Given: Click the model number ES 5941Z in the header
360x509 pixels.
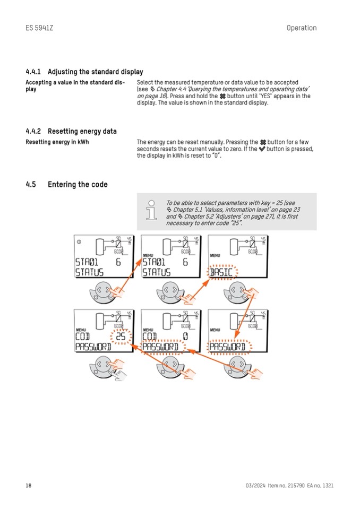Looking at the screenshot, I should (x=39, y=28).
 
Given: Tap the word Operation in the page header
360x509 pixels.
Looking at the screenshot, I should (x=301, y=28).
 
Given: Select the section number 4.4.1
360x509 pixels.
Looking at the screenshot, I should (x=35, y=72).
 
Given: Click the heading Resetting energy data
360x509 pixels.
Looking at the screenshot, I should (x=82, y=131).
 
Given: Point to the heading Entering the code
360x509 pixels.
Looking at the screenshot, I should (x=78, y=185).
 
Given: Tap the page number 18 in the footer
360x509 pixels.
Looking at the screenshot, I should (x=29, y=485).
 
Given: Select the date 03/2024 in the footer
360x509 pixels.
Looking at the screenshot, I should (x=255, y=485).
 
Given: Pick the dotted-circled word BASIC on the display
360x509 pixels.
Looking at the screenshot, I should (x=221, y=273).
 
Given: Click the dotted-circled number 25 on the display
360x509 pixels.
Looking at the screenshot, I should (x=121, y=337).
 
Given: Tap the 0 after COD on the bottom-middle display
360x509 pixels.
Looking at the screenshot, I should (x=185, y=337).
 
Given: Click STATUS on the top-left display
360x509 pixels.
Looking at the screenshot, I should (x=89, y=273).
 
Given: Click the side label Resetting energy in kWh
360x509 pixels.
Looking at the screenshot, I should (x=57, y=142).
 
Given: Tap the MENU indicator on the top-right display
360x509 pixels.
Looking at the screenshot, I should (x=215, y=255).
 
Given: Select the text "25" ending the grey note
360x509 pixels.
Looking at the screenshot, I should (x=234, y=223).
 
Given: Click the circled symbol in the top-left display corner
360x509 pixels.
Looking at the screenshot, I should (x=79, y=242).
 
